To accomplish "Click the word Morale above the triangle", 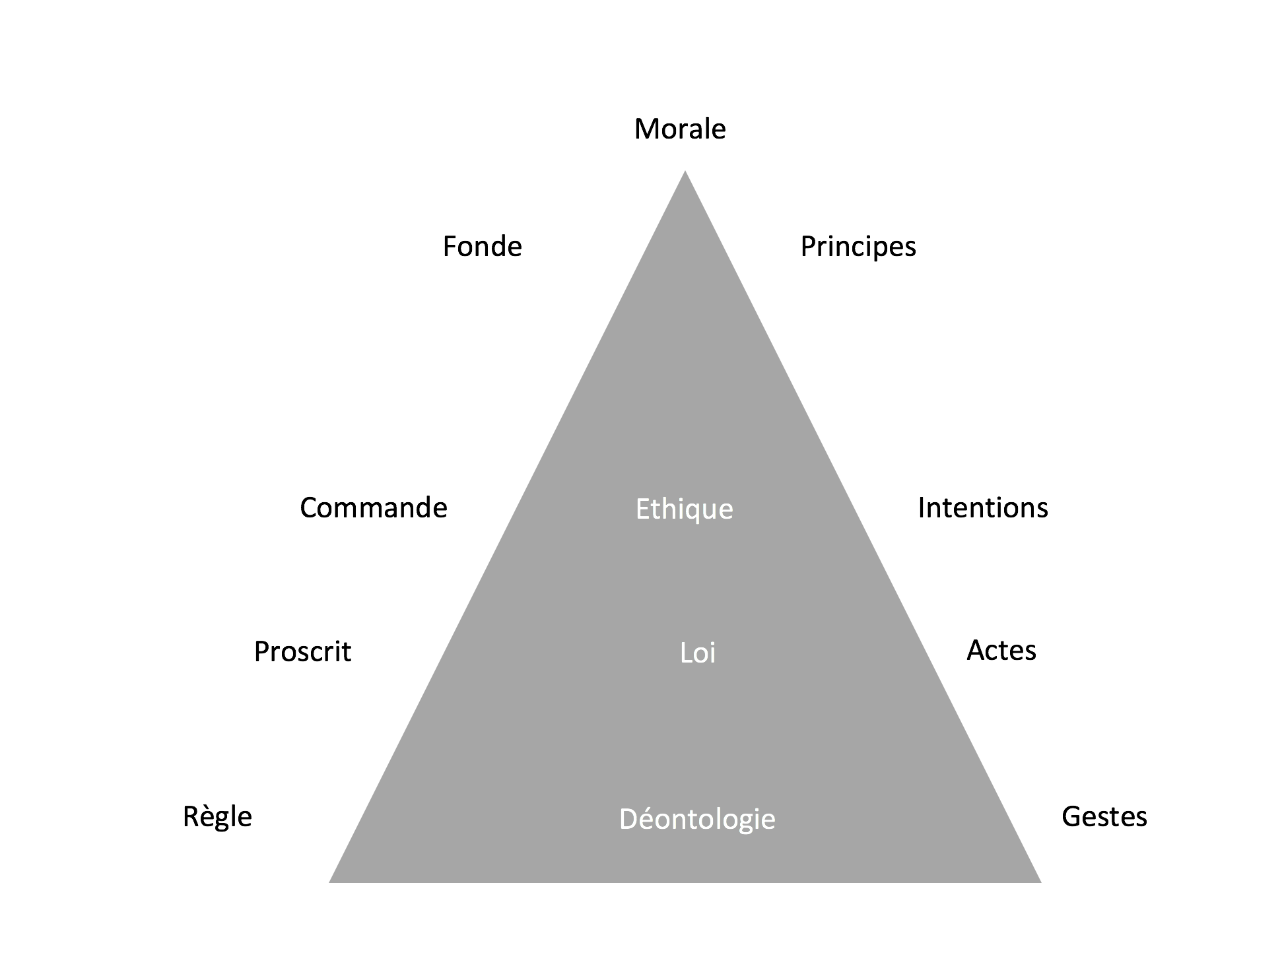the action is coord(680,129).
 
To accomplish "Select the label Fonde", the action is coord(482,246).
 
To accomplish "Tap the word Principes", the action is coord(858,247).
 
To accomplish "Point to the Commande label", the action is coord(374,507).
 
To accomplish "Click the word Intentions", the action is coord(983,507).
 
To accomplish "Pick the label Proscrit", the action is coord(302,652).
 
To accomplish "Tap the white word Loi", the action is coord(698,653).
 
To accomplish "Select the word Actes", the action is coord(1001,651).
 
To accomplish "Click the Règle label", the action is coord(217,818).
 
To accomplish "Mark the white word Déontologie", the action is coord(697,819).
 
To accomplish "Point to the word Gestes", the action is coord(1104,817).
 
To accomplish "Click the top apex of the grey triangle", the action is coord(685,171).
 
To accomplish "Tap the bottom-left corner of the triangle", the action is coord(329,882).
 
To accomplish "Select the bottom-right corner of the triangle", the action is coord(1041,882).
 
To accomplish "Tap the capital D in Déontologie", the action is coord(628,819).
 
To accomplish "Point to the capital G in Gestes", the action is coord(1071,817).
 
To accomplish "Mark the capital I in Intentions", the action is coord(921,507).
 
